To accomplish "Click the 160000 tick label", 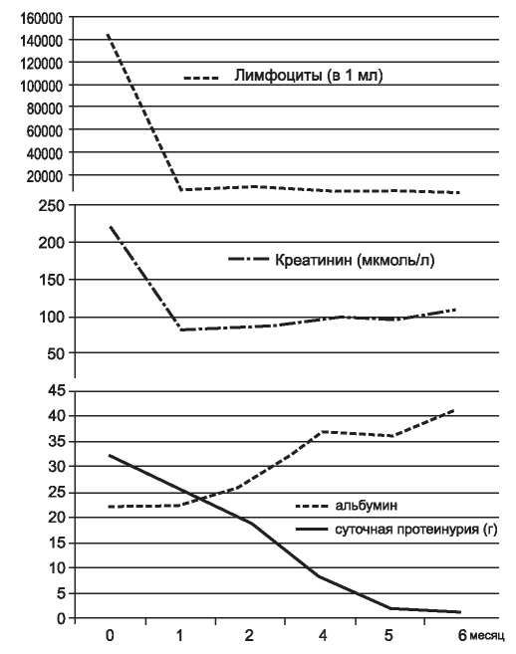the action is (x=41, y=18).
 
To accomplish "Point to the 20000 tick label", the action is (x=45, y=176).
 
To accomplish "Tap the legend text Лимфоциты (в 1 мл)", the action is (x=308, y=76).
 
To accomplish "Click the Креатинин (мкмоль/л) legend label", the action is (x=355, y=260).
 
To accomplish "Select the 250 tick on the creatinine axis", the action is (x=52, y=206).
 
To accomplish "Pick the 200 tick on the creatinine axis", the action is (x=52, y=243).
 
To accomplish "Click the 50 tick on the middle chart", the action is (x=57, y=353).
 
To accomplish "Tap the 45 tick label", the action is (x=57, y=391).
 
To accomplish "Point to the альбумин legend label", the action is (x=367, y=506).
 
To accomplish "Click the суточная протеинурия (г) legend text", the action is (x=416, y=530).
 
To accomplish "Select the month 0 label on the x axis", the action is (x=110, y=636).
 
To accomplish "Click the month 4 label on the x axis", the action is (x=323, y=636).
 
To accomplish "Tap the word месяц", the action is (x=487, y=636).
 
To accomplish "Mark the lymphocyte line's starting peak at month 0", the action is (x=108, y=34).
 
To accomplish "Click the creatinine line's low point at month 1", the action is (x=180, y=329).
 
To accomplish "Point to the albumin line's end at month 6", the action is (x=454, y=410).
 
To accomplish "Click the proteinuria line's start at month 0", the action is (x=110, y=455).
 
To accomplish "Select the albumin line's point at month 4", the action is (x=323, y=432).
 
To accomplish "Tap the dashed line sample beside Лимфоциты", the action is (x=201, y=78).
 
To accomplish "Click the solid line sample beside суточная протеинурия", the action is (x=312, y=530).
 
